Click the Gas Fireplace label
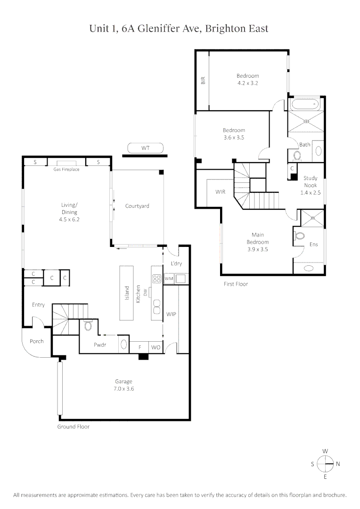point(66,169)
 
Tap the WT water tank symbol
point(145,148)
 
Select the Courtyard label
point(137,206)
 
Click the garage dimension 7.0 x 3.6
point(124,389)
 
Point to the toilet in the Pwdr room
point(88,326)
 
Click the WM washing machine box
point(169,279)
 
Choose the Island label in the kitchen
point(127,294)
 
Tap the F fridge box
point(139,347)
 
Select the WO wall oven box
point(155,347)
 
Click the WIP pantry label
point(171,313)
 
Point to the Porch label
point(37,341)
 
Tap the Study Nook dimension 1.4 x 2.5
point(310,192)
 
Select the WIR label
point(221,192)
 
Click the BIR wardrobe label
point(203,80)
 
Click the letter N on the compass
point(338,464)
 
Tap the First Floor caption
point(236,284)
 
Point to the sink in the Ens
point(309,268)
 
